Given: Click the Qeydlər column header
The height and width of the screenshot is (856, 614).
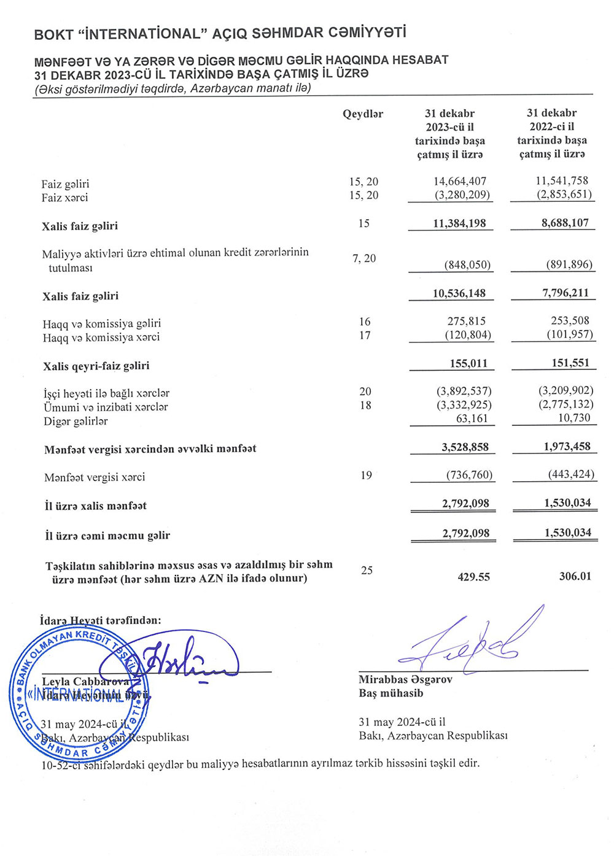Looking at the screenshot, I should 362,114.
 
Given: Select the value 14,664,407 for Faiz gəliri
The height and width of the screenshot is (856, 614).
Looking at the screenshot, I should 460,181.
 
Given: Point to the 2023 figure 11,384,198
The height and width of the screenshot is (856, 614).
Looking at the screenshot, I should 459,223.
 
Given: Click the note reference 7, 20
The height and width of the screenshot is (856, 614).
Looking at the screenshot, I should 364,258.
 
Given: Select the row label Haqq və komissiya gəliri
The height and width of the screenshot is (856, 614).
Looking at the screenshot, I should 102,323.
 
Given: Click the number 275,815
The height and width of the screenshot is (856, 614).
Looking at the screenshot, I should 467,321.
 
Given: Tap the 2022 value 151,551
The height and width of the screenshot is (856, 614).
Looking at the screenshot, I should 570,363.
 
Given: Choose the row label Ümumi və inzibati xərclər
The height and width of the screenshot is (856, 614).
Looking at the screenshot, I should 106,407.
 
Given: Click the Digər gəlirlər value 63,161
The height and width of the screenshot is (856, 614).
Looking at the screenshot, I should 472,418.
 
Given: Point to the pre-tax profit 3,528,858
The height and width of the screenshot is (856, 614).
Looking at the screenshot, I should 465,447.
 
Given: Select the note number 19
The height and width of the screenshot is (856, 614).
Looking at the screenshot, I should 366,476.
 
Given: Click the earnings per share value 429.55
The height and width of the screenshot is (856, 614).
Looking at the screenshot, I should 473,577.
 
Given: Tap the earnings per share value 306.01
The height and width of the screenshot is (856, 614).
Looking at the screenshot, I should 575,576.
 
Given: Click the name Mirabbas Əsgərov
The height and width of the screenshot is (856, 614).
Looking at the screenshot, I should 405,680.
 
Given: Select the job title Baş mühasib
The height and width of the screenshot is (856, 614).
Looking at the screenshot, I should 391,693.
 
